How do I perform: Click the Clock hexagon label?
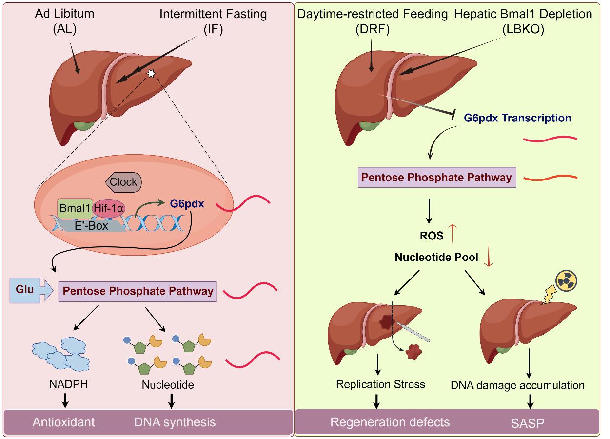click(123, 182)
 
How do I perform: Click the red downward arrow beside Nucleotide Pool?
click(488, 257)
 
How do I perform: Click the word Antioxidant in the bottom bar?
click(64, 422)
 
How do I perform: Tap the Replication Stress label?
click(380, 384)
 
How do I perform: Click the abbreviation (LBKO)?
click(523, 29)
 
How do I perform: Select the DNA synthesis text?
click(175, 422)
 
